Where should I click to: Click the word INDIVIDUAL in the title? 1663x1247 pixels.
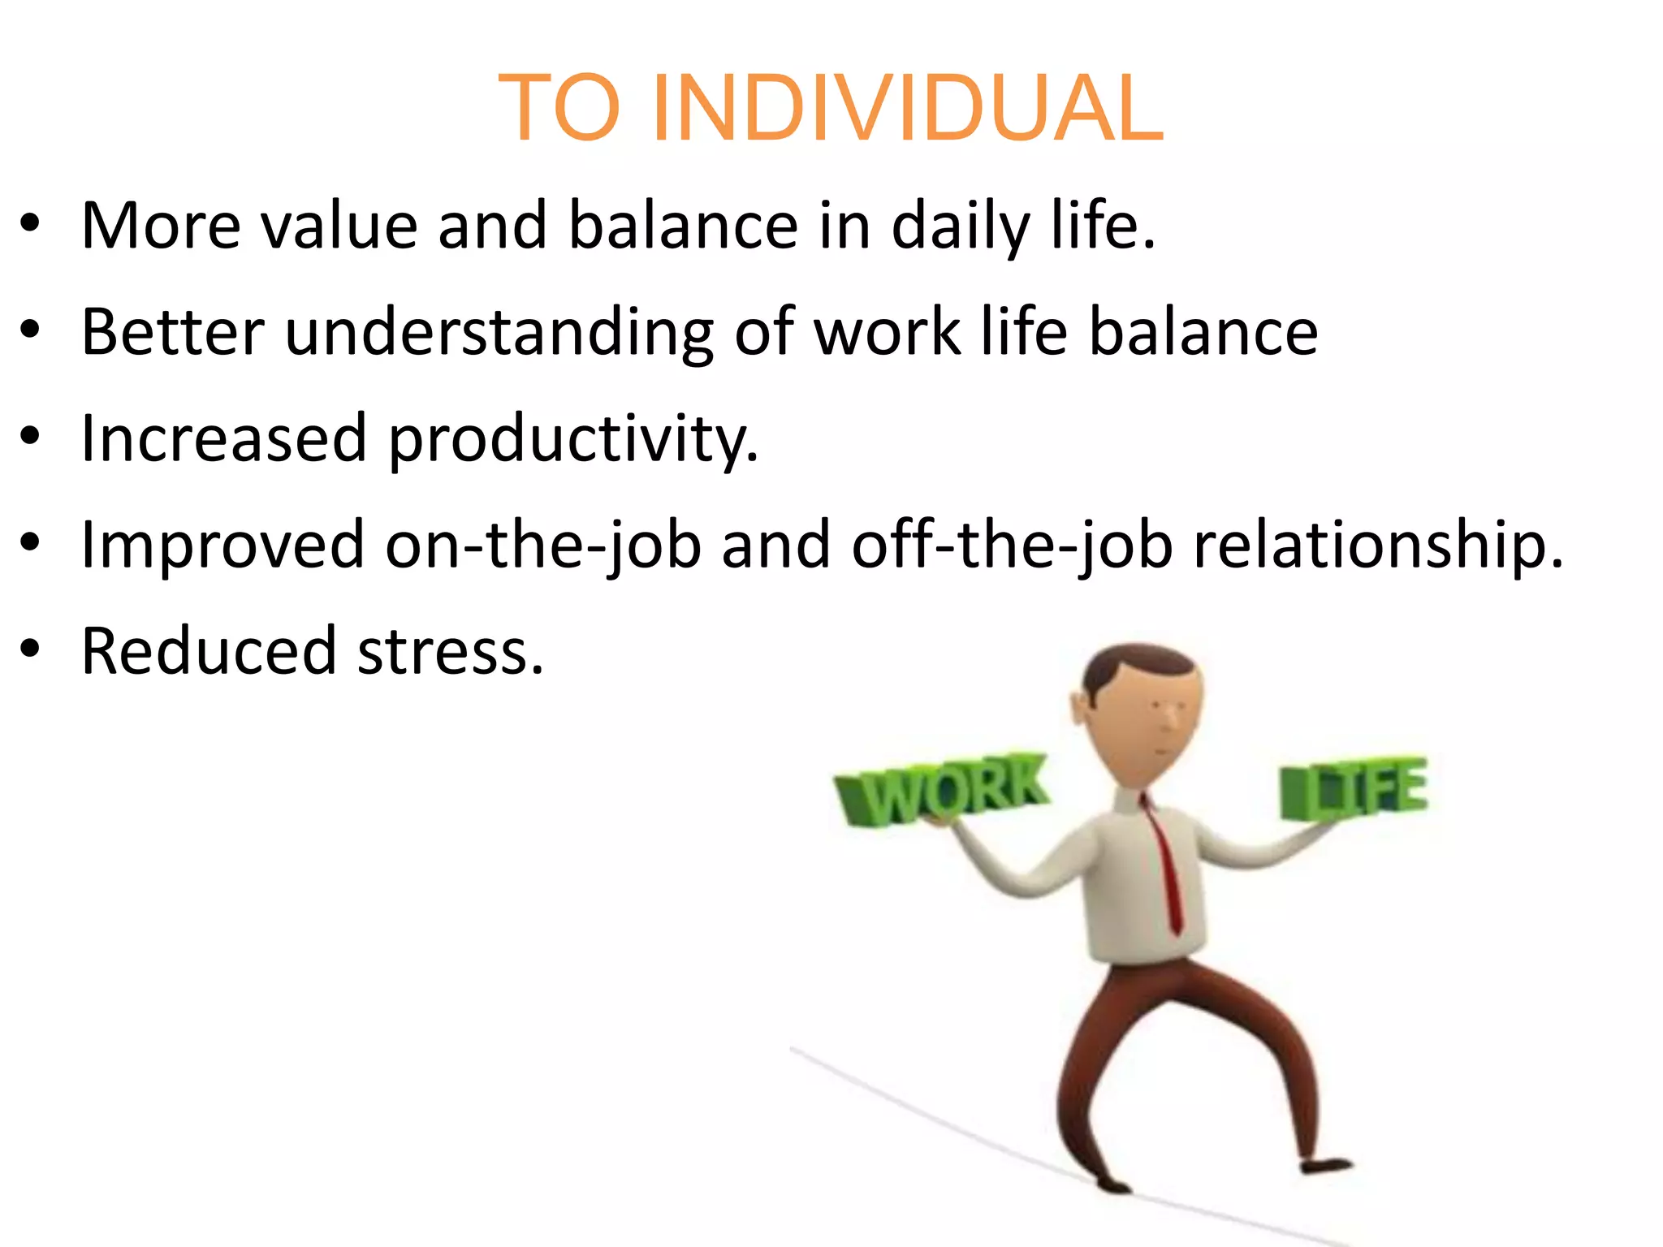[x=907, y=109]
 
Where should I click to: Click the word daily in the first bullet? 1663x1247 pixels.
[x=961, y=226]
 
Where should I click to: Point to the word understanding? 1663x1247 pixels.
[x=499, y=333]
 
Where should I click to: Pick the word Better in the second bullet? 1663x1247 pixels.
[x=173, y=333]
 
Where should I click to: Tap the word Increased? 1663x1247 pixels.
[x=224, y=438]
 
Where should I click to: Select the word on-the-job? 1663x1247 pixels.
[x=542, y=546]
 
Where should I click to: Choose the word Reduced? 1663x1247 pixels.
[x=209, y=652]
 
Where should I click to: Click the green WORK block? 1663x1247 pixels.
[x=942, y=789]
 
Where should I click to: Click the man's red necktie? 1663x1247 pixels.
[x=1165, y=869]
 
